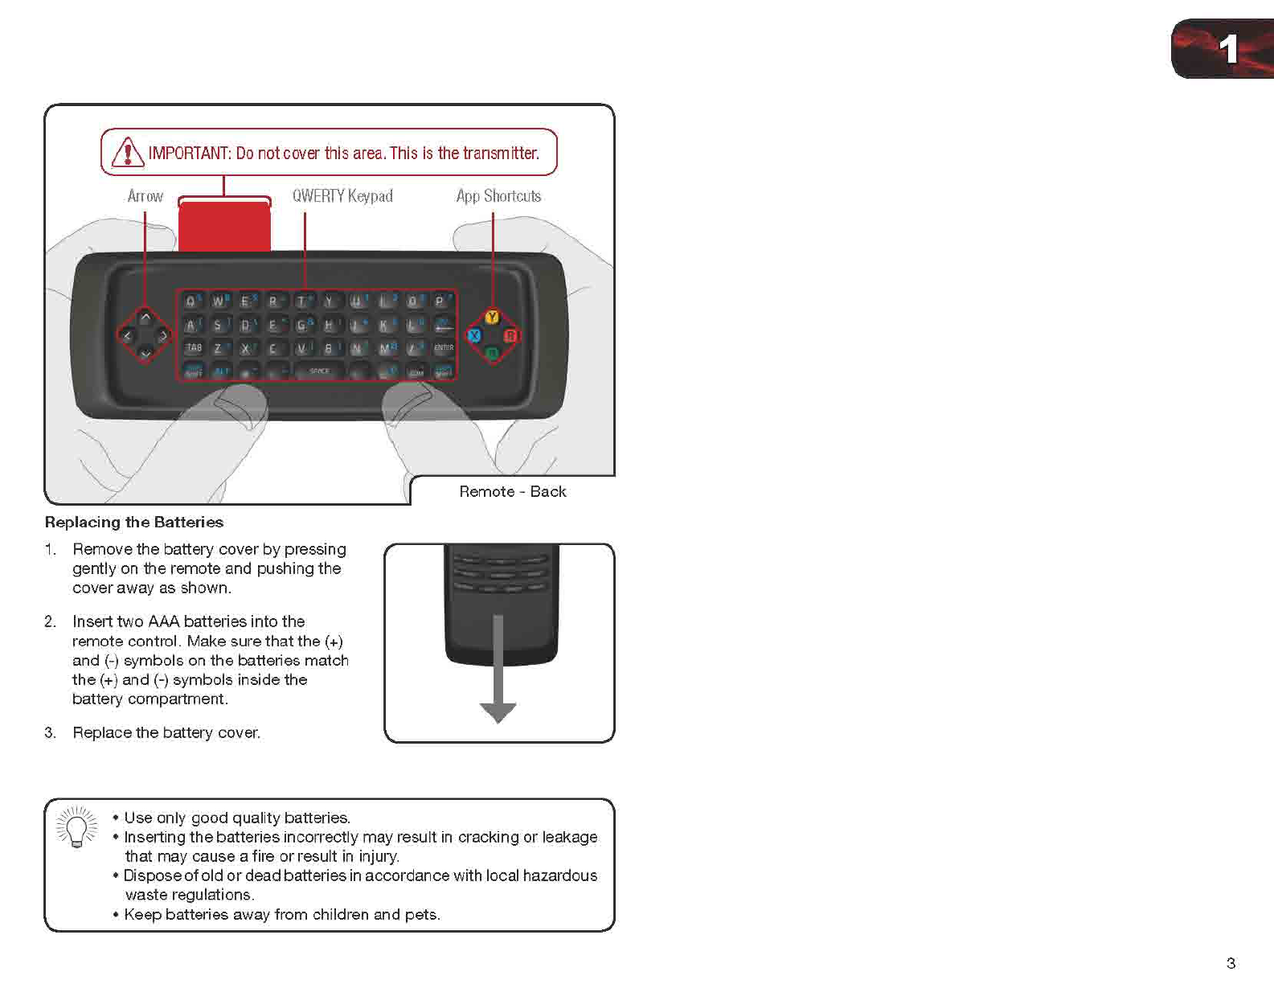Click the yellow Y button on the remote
[492, 317]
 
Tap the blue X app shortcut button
[474, 335]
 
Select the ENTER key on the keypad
[444, 347]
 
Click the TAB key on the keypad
[193, 347]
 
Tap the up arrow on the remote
[145, 318]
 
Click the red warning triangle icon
[127, 152]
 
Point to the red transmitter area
[224, 226]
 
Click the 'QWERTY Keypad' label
[342, 196]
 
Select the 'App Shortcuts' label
[498, 196]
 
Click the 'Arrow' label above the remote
[145, 196]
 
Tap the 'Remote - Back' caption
[512, 491]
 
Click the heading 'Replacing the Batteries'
[134, 523]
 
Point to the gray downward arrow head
[498, 712]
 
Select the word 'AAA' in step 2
[164, 621]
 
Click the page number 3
[1231, 962]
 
